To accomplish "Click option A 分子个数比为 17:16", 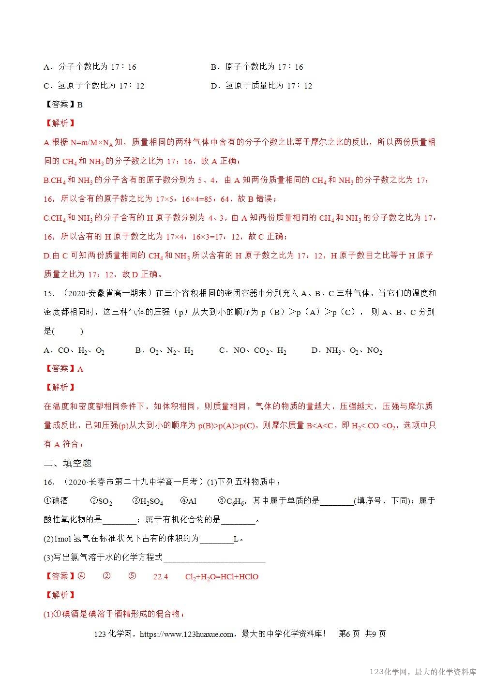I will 90,67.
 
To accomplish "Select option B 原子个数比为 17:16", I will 257,67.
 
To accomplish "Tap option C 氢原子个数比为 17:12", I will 94,86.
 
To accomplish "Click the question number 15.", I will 48,293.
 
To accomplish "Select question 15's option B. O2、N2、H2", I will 165,350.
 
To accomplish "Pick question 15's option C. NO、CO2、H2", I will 253,350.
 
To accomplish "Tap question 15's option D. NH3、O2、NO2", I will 347,350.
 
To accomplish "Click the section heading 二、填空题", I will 68,463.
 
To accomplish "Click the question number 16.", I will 48,482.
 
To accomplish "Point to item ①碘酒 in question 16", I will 56,501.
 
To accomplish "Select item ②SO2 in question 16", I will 101,501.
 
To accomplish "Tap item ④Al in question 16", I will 188,501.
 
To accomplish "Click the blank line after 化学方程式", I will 214,558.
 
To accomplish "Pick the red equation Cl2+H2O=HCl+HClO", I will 222,576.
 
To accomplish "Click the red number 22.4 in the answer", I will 160,576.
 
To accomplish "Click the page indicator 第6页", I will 348,634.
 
